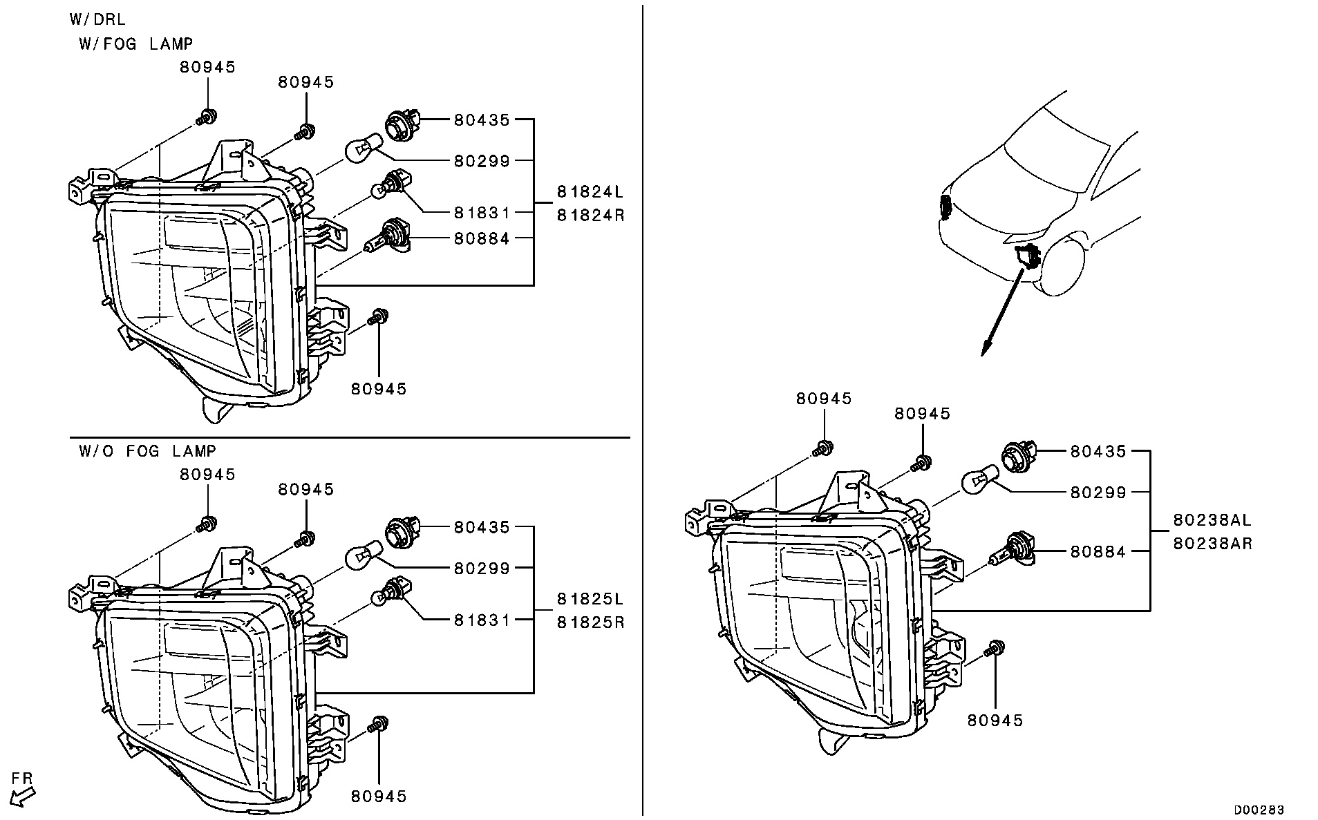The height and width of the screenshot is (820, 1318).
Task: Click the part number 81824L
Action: (x=590, y=191)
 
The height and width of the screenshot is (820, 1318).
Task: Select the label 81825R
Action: (x=590, y=622)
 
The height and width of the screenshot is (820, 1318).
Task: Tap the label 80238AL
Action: (x=1212, y=520)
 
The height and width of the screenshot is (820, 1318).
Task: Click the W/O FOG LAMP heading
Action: (x=147, y=451)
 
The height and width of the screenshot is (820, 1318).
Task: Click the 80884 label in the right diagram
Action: (x=1098, y=551)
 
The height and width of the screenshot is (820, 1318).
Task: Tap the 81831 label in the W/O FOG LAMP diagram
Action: (x=482, y=620)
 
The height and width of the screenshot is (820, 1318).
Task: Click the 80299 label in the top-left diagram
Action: (x=482, y=161)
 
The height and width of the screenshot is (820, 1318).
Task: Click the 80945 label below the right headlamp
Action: (x=995, y=720)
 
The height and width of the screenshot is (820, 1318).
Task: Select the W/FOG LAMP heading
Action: (x=135, y=44)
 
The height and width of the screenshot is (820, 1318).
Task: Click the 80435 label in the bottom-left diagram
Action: (x=482, y=527)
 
